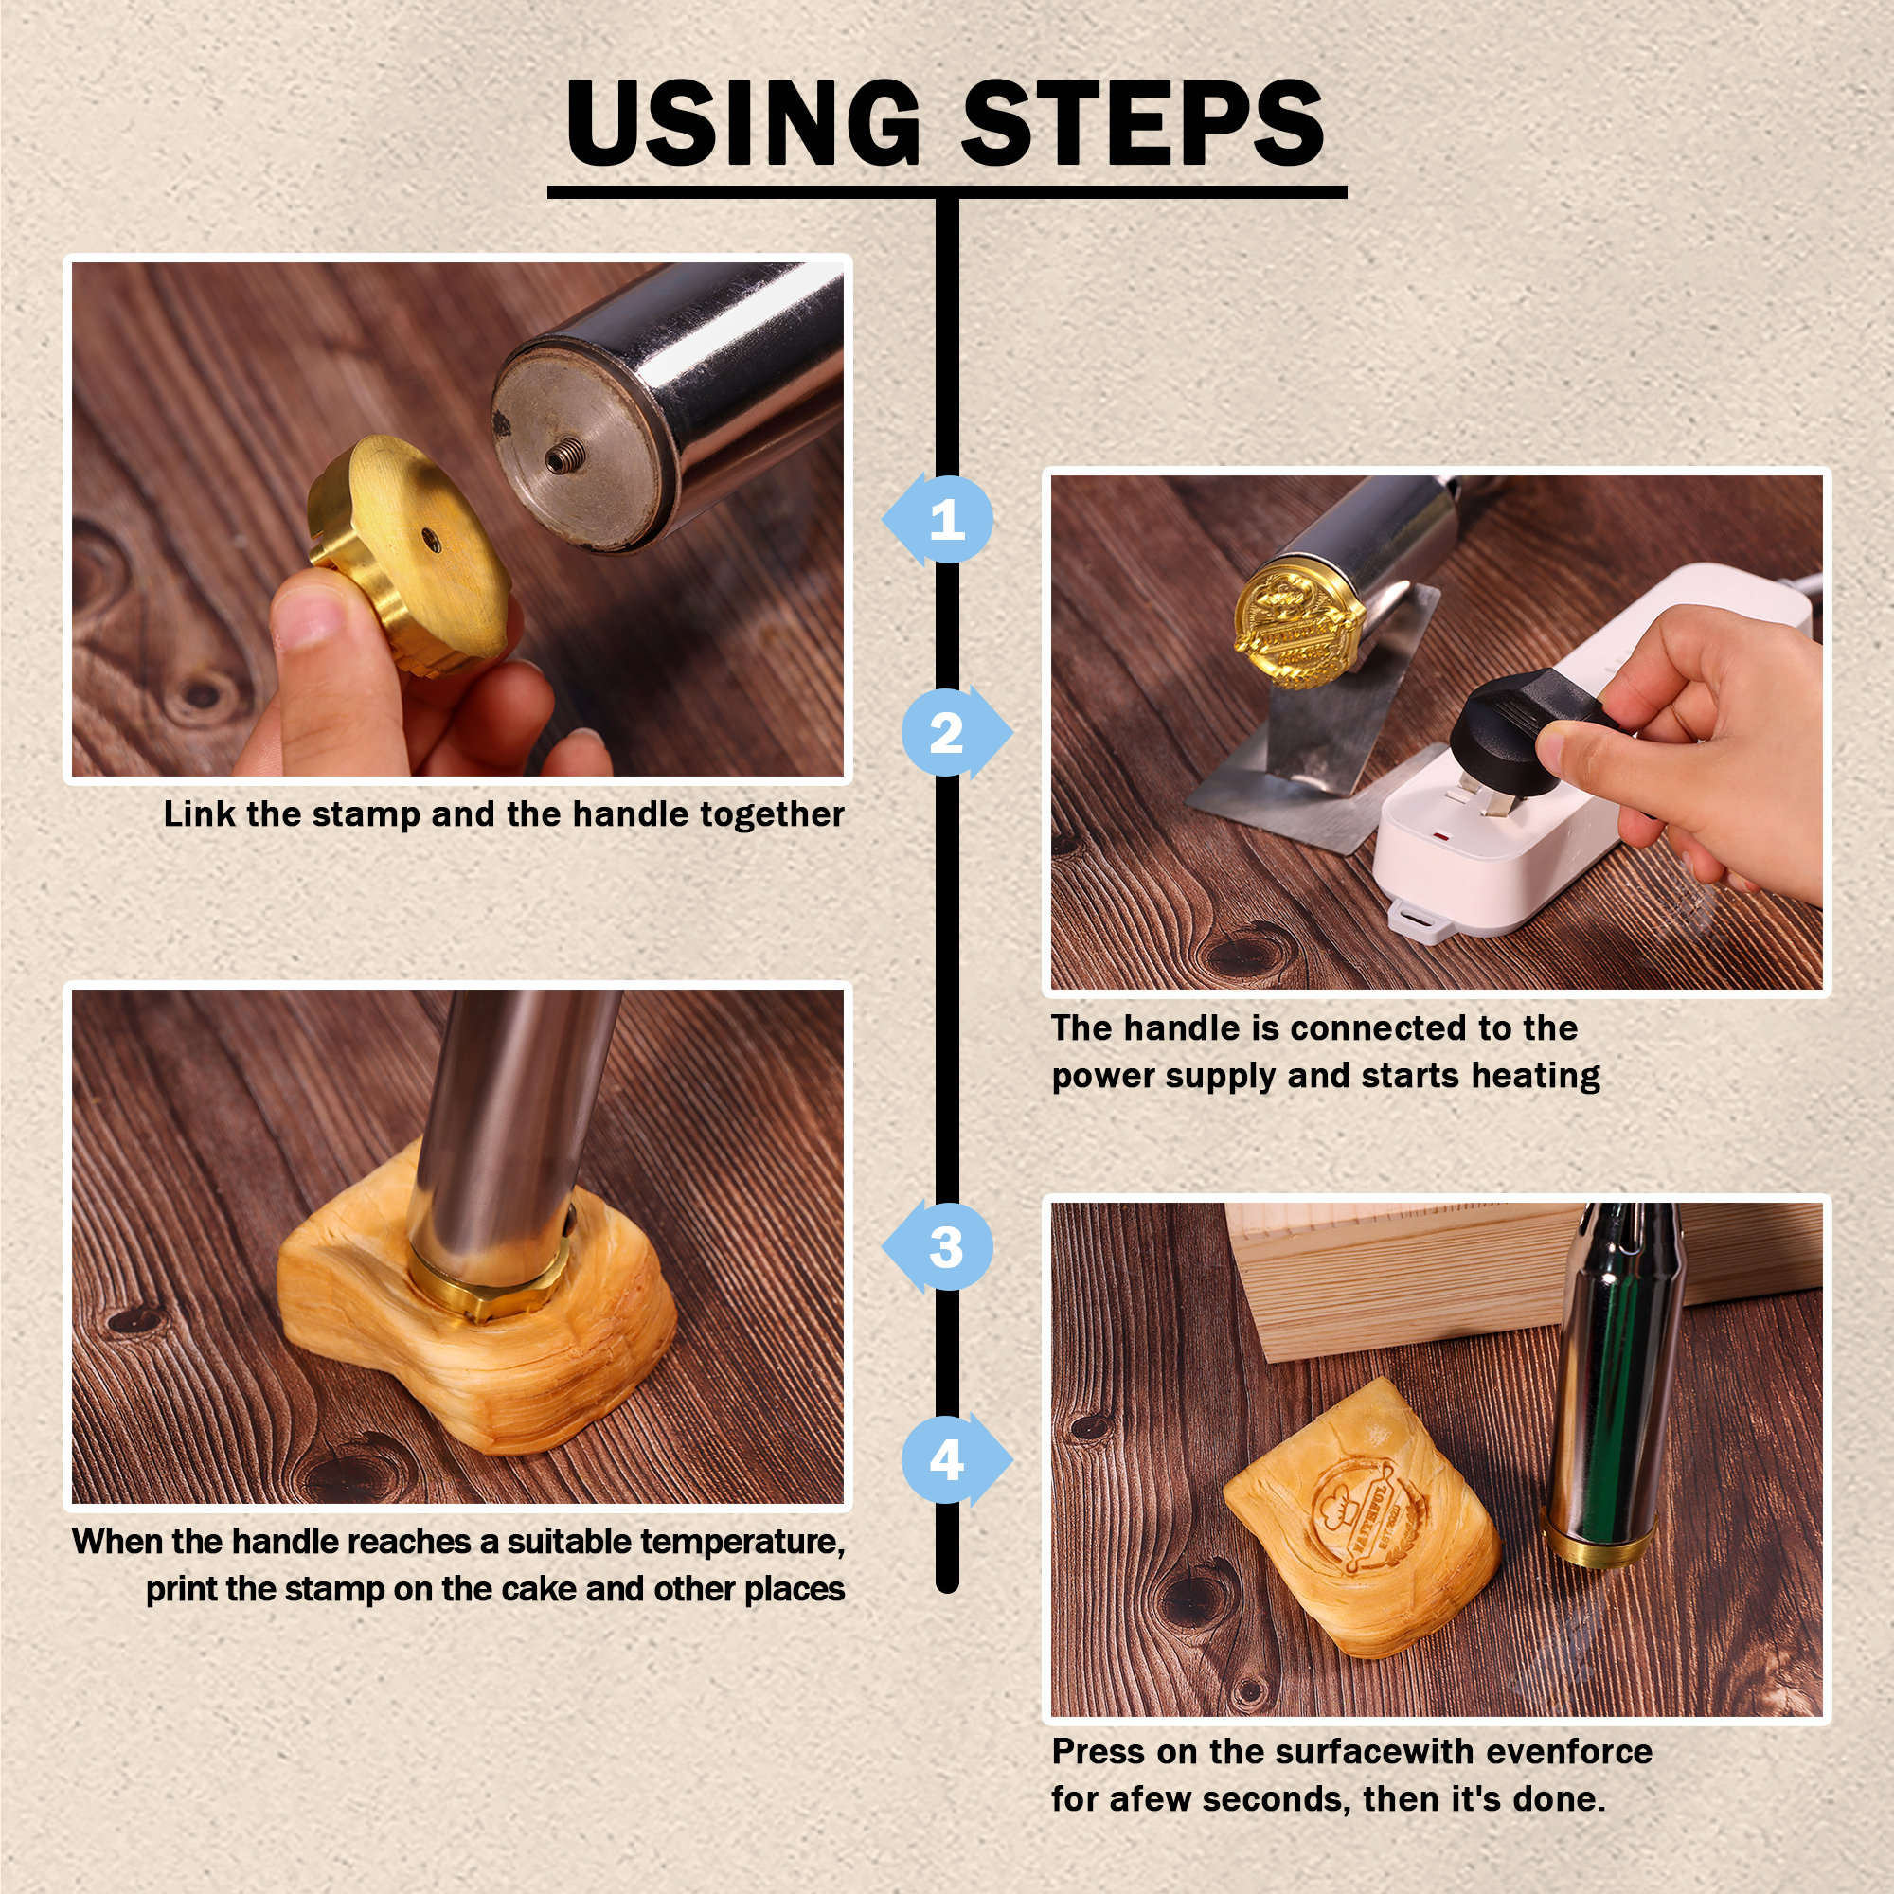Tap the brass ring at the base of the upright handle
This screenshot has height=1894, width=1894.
click(1599, 1545)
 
